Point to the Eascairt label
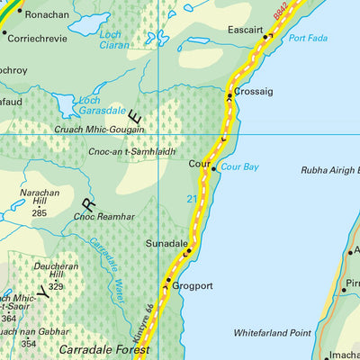click(x=246, y=30)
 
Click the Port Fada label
click(x=308, y=39)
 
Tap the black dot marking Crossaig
click(x=230, y=94)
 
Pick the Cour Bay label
click(x=239, y=167)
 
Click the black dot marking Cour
click(x=213, y=165)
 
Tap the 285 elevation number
click(x=39, y=213)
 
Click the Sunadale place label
click(x=167, y=244)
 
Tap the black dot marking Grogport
click(x=166, y=282)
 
